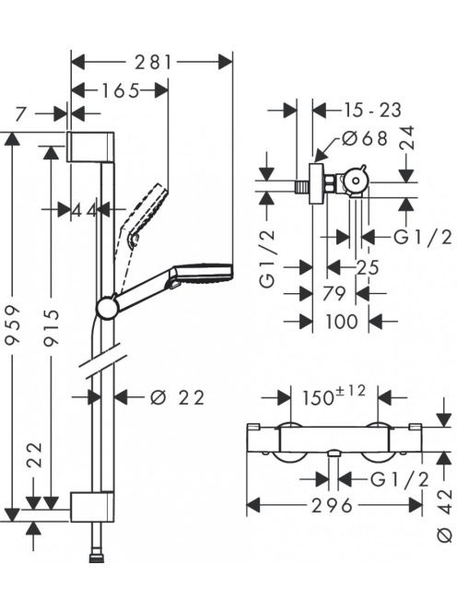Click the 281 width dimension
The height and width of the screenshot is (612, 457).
coord(153,62)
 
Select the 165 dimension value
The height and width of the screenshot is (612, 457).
coord(120,91)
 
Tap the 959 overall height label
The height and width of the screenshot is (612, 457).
coord(13,325)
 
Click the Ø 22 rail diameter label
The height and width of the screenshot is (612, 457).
coord(177,398)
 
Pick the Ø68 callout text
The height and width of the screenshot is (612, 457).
coord(365,138)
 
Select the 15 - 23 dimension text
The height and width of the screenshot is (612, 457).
coord(372,110)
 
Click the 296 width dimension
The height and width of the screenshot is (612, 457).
coord(332,506)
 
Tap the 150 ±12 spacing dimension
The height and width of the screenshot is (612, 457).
coord(334,395)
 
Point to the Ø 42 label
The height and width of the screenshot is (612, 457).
coord(445,515)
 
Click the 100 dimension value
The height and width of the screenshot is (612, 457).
coord(342,322)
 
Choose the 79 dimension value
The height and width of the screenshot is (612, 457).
coord(334,293)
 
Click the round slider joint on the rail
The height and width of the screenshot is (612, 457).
coord(107,308)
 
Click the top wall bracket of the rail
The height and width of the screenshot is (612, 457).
coord(91,147)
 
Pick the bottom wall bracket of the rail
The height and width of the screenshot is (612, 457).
coord(92,506)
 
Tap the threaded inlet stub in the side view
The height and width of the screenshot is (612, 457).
coord(301,186)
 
